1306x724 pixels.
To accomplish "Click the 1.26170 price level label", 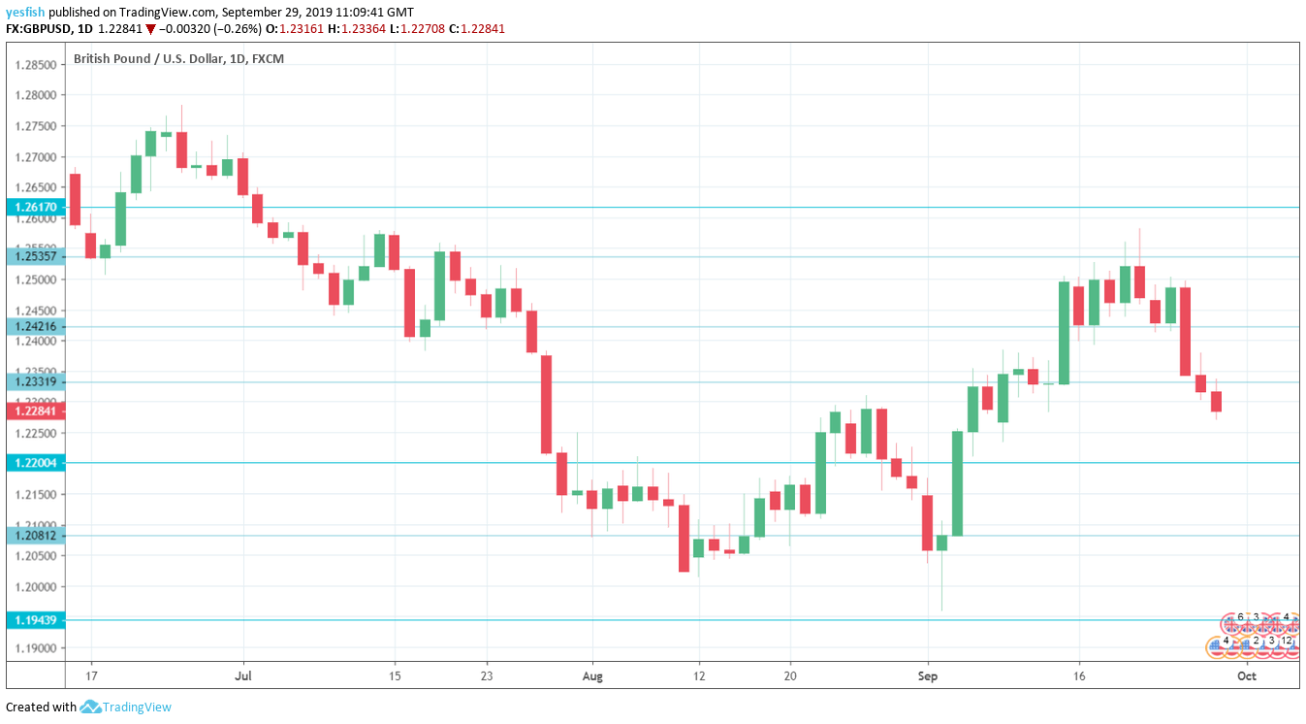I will pyautogui.click(x=36, y=207).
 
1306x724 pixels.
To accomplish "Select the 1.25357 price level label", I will pyautogui.click(x=36, y=256).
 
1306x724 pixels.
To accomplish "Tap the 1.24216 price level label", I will pyautogui.click(x=36, y=327).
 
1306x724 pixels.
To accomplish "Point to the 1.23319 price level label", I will pyautogui.click(x=36, y=381).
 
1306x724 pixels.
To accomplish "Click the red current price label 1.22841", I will pyautogui.click(x=36, y=411).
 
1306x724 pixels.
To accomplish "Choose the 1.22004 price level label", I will pyautogui.click(x=36, y=463).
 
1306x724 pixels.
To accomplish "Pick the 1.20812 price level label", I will pyautogui.click(x=36, y=535).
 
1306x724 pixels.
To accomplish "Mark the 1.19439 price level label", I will pyautogui.click(x=36, y=619).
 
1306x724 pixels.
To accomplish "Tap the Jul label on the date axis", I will pyautogui.click(x=243, y=675).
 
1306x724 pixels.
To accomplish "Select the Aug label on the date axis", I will pyautogui.click(x=591, y=675).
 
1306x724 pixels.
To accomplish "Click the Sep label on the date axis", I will pyautogui.click(x=928, y=675).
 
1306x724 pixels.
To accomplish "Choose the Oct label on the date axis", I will pyautogui.click(x=1247, y=675).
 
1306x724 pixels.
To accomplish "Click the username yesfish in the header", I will pyautogui.click(x=24, y=12).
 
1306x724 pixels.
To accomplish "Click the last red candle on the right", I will pyautogui.click(x=1216, y=402).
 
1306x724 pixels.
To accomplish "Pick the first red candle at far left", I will pyautogui.click(x=75, y=200).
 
